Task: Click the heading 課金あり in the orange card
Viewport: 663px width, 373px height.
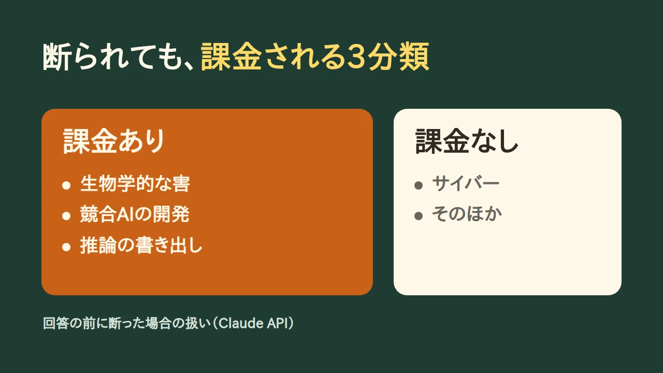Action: click(113, 141)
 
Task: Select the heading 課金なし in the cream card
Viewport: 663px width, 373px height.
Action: click(467, 141)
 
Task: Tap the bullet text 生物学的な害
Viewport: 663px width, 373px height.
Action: click(135, 183)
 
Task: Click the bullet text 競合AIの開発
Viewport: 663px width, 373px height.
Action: click(135, 214)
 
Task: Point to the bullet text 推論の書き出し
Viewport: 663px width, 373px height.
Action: click(141, 245)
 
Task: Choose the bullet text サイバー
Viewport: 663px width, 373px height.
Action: click(466, 183)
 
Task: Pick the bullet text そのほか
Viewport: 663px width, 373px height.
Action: click(467, 214)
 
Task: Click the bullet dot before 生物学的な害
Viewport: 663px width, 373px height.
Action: click(66, 185)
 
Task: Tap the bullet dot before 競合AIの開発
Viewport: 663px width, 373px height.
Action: click(66, 216)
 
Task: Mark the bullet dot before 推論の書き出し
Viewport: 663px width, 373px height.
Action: click(66, 247)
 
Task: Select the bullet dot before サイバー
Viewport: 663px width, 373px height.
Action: click(419, 185)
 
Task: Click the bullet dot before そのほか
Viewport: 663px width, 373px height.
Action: click(419, 216)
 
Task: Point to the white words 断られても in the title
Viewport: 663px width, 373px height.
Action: click(112, 56)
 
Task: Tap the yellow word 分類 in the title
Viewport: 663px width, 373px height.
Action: click(398, 56)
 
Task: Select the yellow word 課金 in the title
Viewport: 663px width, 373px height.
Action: click(231, 56)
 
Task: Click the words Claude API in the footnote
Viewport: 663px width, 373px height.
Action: click(253, 323)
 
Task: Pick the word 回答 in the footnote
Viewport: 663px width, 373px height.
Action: click(56, 323)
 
